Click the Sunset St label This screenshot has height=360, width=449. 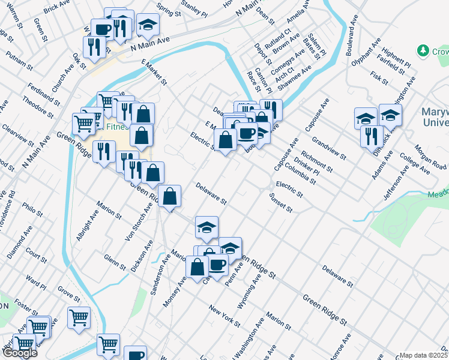(280, 203)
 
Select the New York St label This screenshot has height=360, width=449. (223, 316)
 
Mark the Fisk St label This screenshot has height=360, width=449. (379, 76)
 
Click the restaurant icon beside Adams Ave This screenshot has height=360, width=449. (372, 135)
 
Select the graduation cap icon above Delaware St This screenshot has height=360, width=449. (206, 227)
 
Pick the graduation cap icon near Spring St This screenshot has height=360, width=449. (147, 25)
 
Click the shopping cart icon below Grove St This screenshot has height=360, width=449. (79, 317)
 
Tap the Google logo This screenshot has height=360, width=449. (19, 353)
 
